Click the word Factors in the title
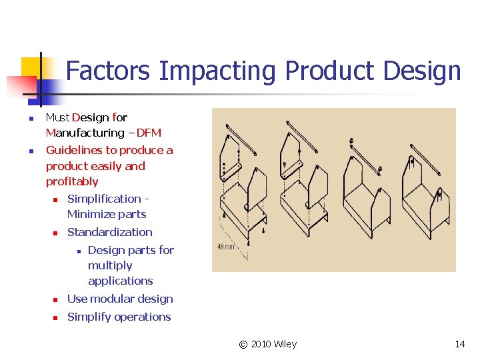click(x=110, y=70)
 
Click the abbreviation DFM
click(x=149, y=133)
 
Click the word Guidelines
click(x=74, y=150)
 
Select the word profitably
click(x=72, y=181)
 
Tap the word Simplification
click(x=104, y=199)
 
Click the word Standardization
click(x=110, y=232)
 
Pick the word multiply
click(x=110, y=265)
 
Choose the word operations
click(x=142, y=317)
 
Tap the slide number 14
click(x=460, y=344)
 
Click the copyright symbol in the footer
click(x=243, y=344)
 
